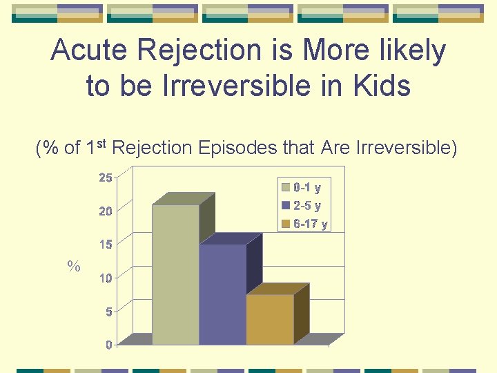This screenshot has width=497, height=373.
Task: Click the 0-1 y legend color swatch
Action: coord(285,187)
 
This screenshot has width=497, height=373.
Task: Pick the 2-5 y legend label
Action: coord(307,205)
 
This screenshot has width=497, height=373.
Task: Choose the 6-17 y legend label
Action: coord(311,224)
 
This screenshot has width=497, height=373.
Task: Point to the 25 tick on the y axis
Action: coord(105,178)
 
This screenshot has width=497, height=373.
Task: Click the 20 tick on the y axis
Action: coord(105,211)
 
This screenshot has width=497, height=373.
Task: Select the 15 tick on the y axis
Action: coord(105,245)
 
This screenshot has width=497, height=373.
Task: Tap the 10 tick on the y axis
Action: coord(105,278)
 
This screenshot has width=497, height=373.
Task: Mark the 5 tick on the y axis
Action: coord(108,312)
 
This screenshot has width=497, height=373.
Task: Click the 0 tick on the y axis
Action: coord(108,345)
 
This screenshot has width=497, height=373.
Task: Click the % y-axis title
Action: coord(74,266)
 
